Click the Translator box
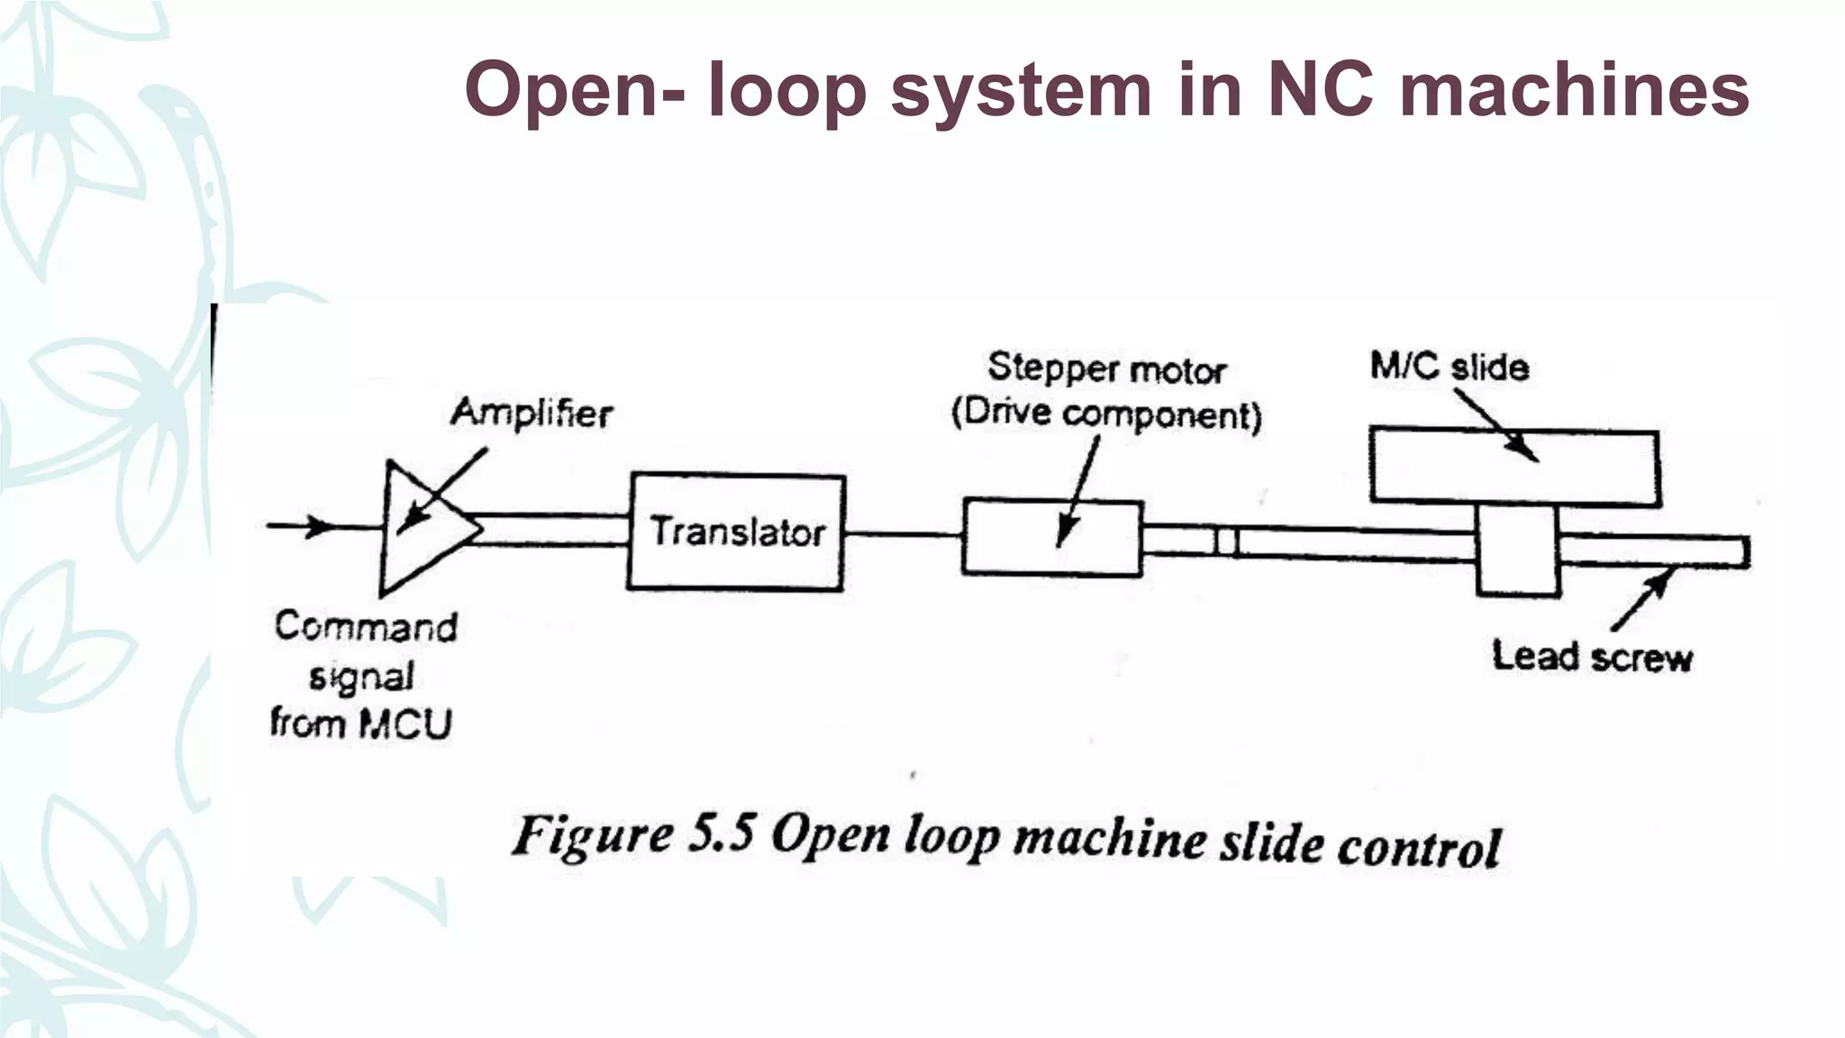(736, 532)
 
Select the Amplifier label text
(532, 413)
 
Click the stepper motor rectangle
(1051, 538)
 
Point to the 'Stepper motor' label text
(1106, 369)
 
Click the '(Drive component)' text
(1106, 414)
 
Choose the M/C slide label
(1449, 367)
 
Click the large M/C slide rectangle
(1513, 467)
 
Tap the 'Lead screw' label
(1592, 656)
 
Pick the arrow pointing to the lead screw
(1641, 601)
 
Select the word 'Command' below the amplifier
(366, 626)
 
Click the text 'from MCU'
(360, 724)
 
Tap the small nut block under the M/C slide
(1518, 551)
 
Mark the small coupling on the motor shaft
(1226, 542)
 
